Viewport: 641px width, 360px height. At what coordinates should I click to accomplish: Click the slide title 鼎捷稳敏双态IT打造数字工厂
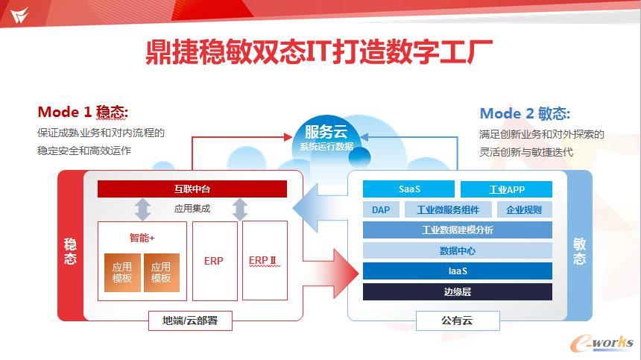point(320,52)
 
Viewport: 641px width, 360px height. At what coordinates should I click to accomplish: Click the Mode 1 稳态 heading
point(83,113)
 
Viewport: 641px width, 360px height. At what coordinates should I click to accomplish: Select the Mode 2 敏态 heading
point(525,113)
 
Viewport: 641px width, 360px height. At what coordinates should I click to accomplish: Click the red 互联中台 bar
point(192,189)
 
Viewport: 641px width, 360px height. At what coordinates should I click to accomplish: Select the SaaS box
point(408,189)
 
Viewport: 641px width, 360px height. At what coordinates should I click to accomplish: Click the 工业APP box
point(506,189)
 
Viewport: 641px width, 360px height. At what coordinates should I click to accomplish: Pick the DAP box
point(381,209)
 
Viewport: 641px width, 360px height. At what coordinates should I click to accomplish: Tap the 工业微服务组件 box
point(447,209)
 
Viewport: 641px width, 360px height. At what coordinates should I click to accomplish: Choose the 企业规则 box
point(524,209)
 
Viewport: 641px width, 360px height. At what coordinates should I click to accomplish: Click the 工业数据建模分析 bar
point(457,230)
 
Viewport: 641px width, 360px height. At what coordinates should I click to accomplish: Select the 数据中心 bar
point(457,250)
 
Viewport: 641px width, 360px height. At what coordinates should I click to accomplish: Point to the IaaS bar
point(457,271)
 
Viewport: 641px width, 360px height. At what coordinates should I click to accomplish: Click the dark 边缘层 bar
point(457,291)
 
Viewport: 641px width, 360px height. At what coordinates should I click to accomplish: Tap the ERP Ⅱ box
point(265,260)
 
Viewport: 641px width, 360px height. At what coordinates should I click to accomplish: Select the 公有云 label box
point(457,321)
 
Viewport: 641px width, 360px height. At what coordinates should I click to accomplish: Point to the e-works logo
point(601,341)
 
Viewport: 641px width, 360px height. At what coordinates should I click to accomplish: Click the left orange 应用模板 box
point(122,272)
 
